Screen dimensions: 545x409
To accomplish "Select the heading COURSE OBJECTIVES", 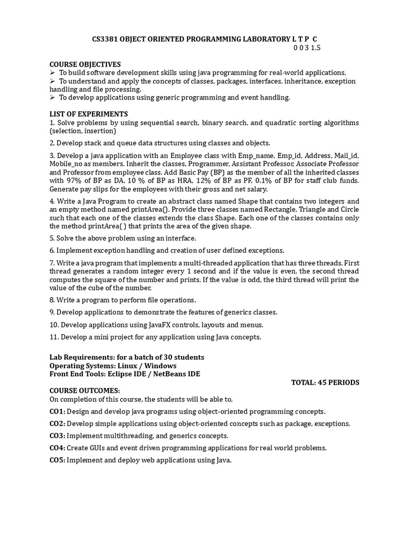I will pos(85,64).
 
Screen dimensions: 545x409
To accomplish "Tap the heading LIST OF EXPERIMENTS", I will pos(89,114).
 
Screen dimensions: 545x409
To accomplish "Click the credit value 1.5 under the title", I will pos(315,48).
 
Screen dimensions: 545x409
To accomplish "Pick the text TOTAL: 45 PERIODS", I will pos(325,382).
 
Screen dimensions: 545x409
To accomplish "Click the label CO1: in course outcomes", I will pos(57,411).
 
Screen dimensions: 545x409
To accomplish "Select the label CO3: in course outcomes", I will pos(57,435).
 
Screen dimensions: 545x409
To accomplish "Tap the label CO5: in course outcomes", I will pos(57,460).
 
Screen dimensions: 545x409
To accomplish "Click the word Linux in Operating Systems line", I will pos(134,366).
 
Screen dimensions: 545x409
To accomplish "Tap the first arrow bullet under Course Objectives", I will pos(53,72).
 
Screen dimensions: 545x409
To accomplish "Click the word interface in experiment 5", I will pos(181,238).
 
